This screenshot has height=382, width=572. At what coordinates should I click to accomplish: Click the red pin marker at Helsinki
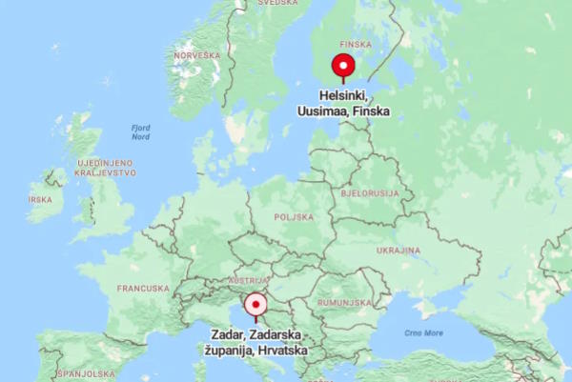pos(342,66)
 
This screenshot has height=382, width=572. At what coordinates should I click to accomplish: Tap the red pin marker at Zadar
pos(255,305)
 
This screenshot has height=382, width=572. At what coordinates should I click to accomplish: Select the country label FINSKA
pos(356,44)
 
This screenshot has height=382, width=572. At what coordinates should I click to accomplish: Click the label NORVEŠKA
pos(197,56)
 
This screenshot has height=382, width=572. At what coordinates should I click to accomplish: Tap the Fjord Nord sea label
pos(140,131)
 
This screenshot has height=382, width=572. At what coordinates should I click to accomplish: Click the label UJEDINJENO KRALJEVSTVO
pos(106,168)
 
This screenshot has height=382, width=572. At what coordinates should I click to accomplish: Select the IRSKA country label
pos(40,200)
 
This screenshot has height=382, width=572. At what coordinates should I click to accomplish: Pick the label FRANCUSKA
pos(143,288)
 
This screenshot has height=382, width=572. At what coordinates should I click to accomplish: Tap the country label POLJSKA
pos(293,217)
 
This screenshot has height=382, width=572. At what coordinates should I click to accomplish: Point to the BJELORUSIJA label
pos(367,192)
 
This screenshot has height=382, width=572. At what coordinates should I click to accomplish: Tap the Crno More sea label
pos(423,332)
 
